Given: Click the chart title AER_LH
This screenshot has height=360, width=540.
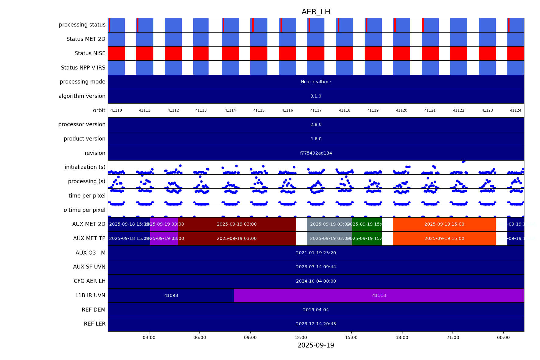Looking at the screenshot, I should coord(316,12).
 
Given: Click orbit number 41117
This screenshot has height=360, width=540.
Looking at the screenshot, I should coord(316,110).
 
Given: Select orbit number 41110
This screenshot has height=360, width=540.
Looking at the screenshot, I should coord(116,110).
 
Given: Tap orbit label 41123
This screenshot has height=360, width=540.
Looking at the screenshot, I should coord(487,110).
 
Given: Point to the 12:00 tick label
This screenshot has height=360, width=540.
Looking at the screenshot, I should coord(301,337).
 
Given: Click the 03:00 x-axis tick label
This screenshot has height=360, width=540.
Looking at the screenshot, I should coord(149,337).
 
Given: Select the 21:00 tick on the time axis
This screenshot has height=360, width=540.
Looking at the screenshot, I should coord(452,337).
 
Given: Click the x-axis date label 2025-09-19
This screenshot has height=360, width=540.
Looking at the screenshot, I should coord(316,345).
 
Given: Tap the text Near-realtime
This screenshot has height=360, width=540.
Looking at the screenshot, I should coord(316,82).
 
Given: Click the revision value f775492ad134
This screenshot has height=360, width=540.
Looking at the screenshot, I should coord(316,153).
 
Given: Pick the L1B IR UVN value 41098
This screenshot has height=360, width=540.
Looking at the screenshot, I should coord(171,295).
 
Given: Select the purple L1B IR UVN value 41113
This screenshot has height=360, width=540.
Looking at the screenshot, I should coord(379,295).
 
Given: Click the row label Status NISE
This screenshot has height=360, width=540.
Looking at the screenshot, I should coord(90,53).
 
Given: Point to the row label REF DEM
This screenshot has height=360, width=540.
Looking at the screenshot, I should coord(93,310).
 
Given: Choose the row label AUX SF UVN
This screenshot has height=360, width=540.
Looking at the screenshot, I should coord(89,267).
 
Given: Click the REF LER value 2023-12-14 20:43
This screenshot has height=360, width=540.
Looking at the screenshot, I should coord(316,324).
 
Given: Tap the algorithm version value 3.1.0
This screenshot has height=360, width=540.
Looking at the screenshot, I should coord(316,96).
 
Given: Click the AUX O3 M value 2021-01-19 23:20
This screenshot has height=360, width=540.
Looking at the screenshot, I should coord(316,253).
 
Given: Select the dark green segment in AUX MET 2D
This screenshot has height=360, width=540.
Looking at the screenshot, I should coord(367,224).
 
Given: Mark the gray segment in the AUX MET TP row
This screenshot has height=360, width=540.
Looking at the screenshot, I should coord(330,238).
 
